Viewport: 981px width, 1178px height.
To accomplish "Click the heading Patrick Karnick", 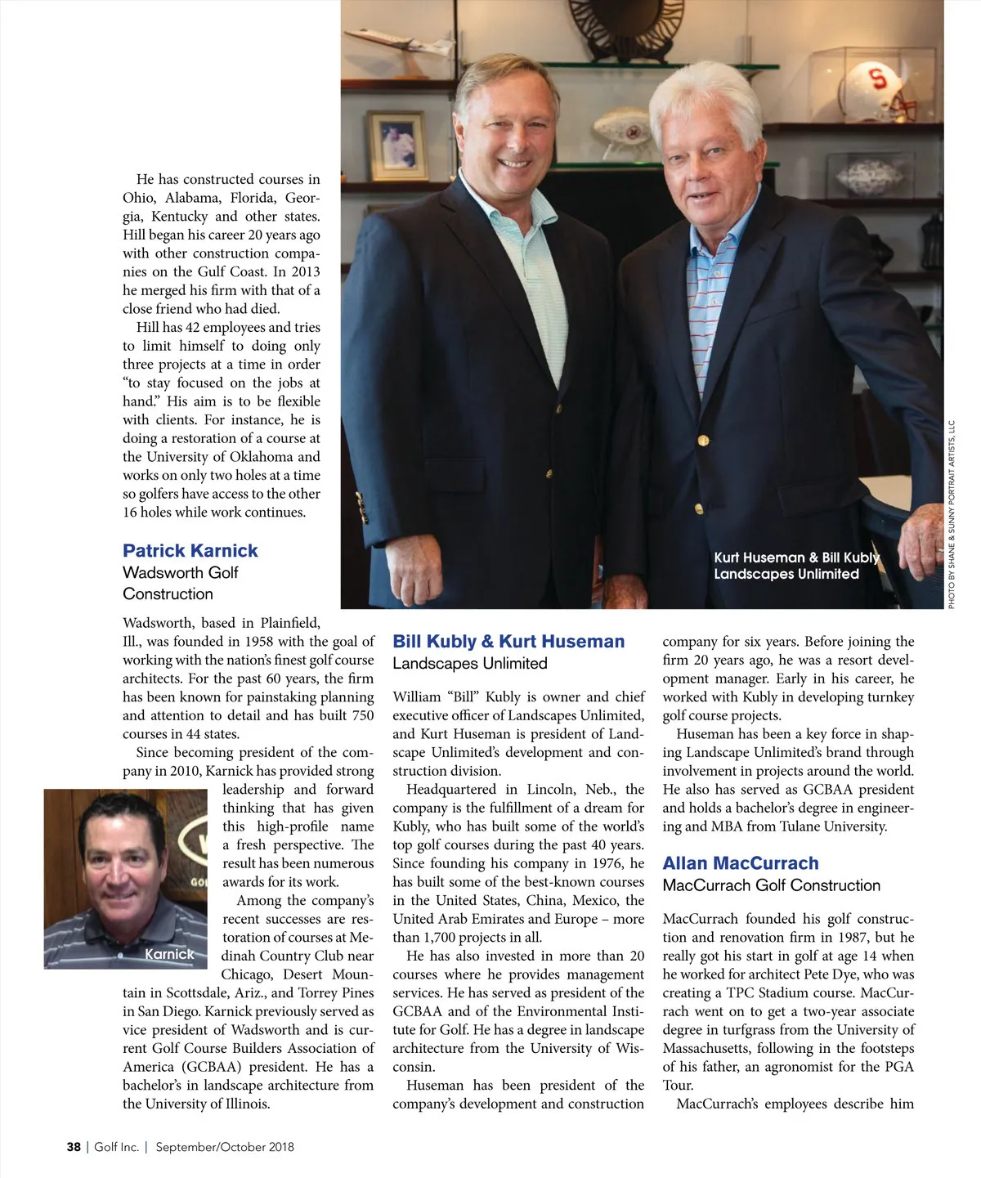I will click(190, 551).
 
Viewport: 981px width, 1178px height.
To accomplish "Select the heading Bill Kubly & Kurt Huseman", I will click(508, 642).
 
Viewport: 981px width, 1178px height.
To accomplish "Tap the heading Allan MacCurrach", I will click(740, 863).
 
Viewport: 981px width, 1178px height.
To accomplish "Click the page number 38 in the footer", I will click(74, 1147).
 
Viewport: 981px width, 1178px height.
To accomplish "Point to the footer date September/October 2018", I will click(225, 1147).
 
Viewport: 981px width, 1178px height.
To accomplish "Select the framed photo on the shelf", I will click(397, 146).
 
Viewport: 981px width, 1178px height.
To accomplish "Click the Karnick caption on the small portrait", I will click(169, 954).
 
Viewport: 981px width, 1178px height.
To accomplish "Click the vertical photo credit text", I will click(952, 515).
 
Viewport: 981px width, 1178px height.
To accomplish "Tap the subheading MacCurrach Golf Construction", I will click(771, 885).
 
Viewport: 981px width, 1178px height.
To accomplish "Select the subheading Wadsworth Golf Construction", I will click(180, 583).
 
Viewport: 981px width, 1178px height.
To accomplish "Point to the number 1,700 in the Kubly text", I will click(441, 938).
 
